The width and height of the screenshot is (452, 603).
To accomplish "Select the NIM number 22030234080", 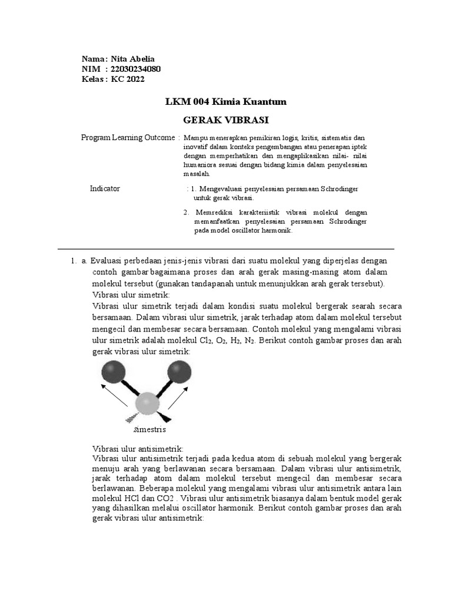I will pyautogui.click(x=135, y=69).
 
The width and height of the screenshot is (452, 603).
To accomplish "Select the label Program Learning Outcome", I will pyautogui.click(x=128, y=137).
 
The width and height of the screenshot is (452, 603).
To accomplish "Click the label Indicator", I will pyautogui.click(x=105, y=188).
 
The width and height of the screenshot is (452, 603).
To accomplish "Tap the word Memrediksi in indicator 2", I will pyautogui.click(x=211, y=212).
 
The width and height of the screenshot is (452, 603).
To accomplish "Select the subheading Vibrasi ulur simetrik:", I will pyautogui.click(x=131, y=294).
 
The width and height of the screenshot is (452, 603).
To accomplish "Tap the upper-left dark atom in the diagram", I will pyautogui.click(x=113, y=372).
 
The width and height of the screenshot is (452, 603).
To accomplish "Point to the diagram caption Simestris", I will pyautogui.click(x=150, y=429).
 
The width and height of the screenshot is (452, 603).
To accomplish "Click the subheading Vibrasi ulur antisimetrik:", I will pyautogui.click(x=138, y=449).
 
